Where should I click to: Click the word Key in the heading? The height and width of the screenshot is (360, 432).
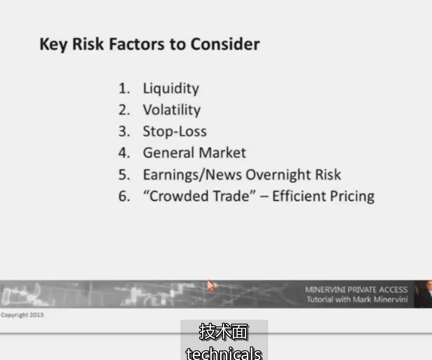click(53, 45)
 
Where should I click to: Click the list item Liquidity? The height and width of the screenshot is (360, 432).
click(171, 88)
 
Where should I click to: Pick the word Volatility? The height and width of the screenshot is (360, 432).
click(172, 110)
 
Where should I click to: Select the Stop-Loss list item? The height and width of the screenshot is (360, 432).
click(175, 131)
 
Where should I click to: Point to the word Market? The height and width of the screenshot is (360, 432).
click(222, 153)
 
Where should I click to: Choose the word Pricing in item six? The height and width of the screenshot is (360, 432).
click(352, 196)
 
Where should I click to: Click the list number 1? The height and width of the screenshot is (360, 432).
click(124, 88)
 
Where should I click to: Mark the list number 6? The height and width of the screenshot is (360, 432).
click(124, 196)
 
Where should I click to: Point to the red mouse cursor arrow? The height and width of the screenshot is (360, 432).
click(210, 285)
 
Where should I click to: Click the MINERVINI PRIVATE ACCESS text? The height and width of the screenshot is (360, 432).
click(356, 290)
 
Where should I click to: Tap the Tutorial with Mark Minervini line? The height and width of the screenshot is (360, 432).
click(357, 299)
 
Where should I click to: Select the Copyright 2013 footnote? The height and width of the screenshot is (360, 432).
click(22, 315)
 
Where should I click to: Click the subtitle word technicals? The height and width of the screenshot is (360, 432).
click(224, 353)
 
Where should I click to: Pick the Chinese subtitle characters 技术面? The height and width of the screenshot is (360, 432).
click(224, 332)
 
